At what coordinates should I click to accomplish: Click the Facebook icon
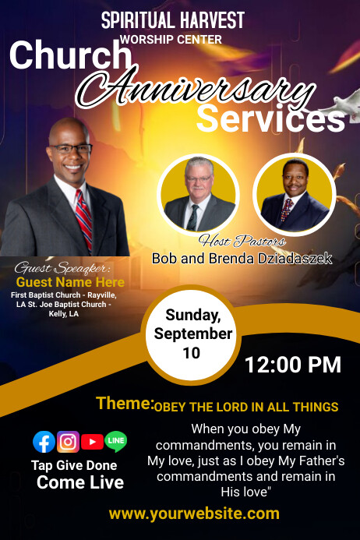(x=44, y=442)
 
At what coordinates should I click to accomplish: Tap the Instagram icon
(x=68, y=442)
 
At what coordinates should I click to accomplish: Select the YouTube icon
(x=92, y=442)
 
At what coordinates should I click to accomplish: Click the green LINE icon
(x=115, y=442)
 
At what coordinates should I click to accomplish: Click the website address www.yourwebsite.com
(x=194, y=513)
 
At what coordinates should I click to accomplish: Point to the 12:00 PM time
(x=292, y=364)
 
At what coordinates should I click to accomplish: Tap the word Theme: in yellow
(x=125, y=403)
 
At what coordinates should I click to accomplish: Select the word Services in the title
(x=270, y=119)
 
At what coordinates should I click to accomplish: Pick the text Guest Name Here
(x=70, y=282)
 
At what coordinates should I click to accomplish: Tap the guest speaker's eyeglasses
(x=71, y=147)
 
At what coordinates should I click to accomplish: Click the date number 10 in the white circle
(x=192, y=352)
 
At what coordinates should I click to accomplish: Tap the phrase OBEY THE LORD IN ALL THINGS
(x=246, y=407)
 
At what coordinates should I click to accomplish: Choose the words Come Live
(x=79, y=482)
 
